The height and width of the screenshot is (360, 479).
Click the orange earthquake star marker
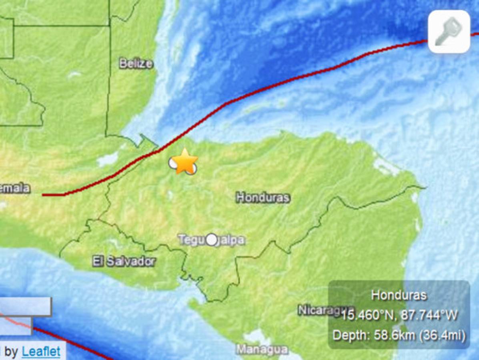pos(184,161)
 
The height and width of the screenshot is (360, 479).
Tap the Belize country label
pos(136,64)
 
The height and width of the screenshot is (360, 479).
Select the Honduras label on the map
pos(263,197)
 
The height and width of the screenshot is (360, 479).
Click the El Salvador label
pos(124,262)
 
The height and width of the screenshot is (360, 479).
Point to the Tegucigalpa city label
pos(211,240)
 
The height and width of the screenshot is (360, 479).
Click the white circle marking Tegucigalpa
pos(212,240)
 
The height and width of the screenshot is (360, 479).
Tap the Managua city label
pos(262,350)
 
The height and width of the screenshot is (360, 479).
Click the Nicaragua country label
pos(320,310)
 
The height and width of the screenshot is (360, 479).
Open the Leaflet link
pos(41,352)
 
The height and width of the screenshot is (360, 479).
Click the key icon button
pos(449,32)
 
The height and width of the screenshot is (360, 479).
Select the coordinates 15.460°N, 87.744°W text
pos(399,315)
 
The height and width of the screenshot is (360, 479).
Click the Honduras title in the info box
pos(399,295)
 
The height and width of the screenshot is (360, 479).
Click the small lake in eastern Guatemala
pos(108,160)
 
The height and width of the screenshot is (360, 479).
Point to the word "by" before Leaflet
pos(11,352)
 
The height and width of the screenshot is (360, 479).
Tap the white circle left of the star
pos(173,163)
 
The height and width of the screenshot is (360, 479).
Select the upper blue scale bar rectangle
pos(26,306)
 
